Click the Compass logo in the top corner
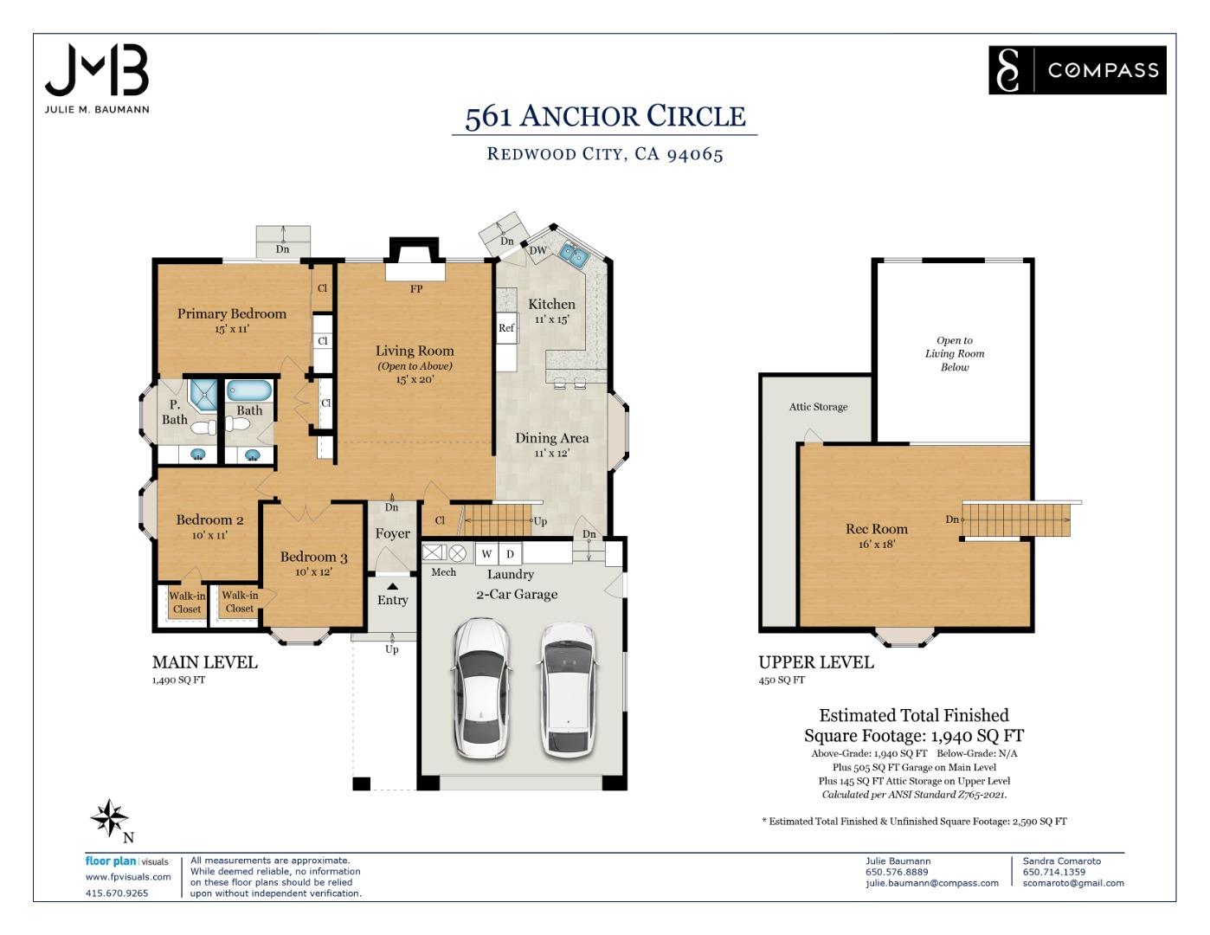1077,69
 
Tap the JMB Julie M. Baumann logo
97,79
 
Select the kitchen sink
574,255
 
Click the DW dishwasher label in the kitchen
537,250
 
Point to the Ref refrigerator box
506,328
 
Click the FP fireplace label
416,289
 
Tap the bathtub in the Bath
249,390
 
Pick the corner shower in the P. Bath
203,395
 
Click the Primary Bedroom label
232,313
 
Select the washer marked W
486,553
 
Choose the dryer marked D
510,553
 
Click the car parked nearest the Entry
482,688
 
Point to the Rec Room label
877,528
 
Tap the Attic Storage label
818,407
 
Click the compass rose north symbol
110,818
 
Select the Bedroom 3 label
313,557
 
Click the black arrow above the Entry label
393,586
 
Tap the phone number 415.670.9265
117,893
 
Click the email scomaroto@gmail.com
1073,883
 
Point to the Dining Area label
552,438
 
